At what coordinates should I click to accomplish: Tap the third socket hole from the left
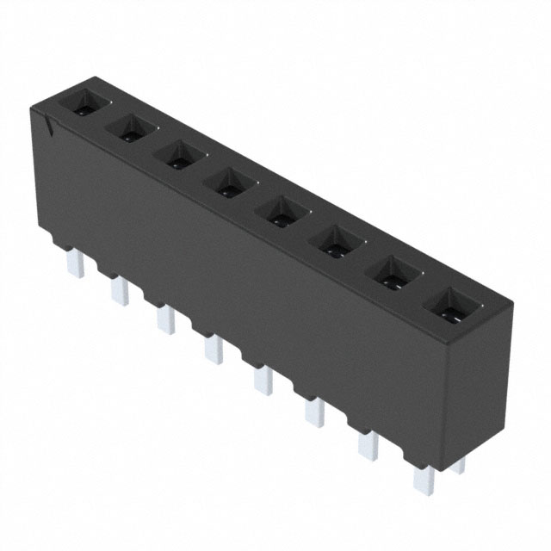pos(178,155)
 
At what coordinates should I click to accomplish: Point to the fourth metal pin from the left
pos(212,348)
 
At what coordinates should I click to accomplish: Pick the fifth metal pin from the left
pos(262,380)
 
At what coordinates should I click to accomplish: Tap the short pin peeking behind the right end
pos(458,465)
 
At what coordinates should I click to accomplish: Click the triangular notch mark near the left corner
pos(53,127)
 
